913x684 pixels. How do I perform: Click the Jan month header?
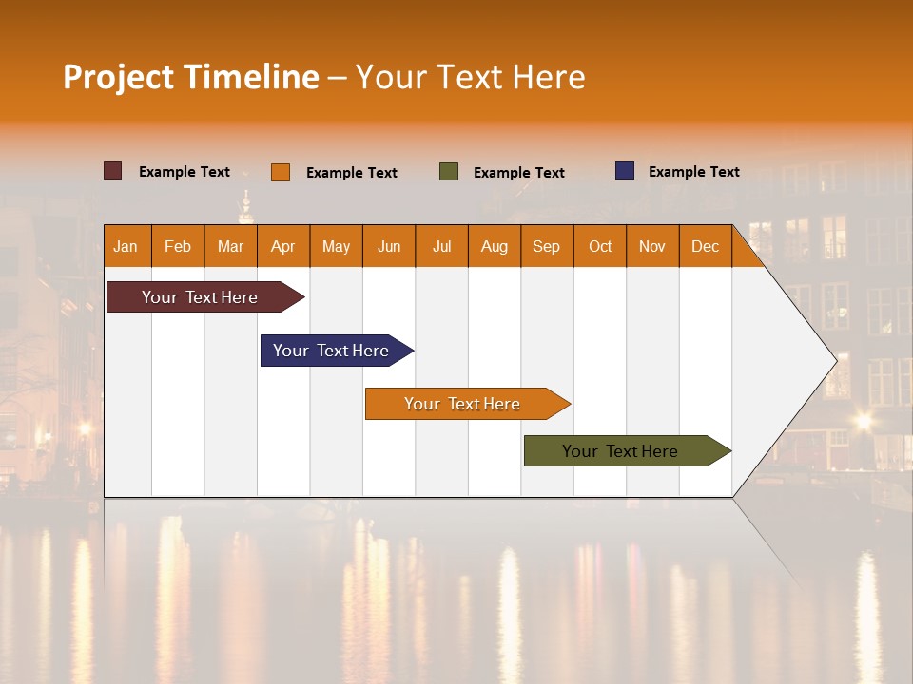(x=126, y=246)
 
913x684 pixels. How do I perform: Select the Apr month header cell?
(x=283, y=246)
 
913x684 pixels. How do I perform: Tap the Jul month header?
(x=441, y=246)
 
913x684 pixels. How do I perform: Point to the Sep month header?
(x=547, y=246)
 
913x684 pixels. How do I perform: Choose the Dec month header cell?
(x=705, y=246)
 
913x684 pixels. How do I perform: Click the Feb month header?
(x=178, y=246)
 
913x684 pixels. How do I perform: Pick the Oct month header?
(x=600, y=246)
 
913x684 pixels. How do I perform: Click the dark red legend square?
(x=113, y=171)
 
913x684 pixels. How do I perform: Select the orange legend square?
(x=281, y=172)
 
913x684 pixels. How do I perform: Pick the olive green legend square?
(x=449, y=172)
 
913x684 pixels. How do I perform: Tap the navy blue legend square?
(x=625, y=171)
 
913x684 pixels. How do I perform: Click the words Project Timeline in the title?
(x=191, y=77)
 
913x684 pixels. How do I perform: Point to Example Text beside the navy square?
(x=693, y=172)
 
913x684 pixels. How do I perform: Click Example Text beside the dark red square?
(x=185, y=172)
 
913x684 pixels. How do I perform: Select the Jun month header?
(x=389, y=246)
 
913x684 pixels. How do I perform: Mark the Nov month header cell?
(x=652, y=246)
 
